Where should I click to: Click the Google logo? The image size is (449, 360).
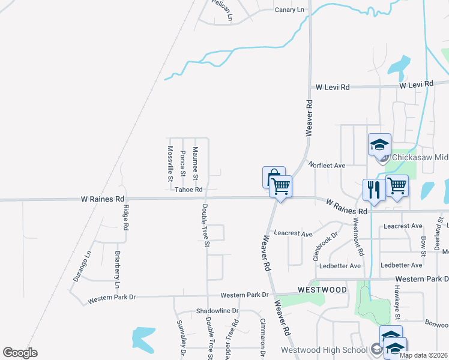click(x=20, y=353)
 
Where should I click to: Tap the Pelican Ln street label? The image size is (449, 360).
click(x=221, y=10)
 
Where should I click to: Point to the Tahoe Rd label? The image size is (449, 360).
click(x=188, y=190)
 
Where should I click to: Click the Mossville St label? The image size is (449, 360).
click(x=170, y=163)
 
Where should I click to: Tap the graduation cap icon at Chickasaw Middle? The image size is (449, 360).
click(x=379, y=145)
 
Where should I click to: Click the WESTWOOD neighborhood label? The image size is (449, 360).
click(x=323, y=290)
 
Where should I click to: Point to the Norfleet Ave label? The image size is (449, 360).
click(x=327, y=164)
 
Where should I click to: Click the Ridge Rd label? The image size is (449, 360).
click(x=126, y=218)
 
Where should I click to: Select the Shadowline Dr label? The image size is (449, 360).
click(x=217, y=311)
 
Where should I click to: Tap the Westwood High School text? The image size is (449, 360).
click(x=324, y=350)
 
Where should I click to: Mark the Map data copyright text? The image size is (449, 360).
click(x=423, y=355)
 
